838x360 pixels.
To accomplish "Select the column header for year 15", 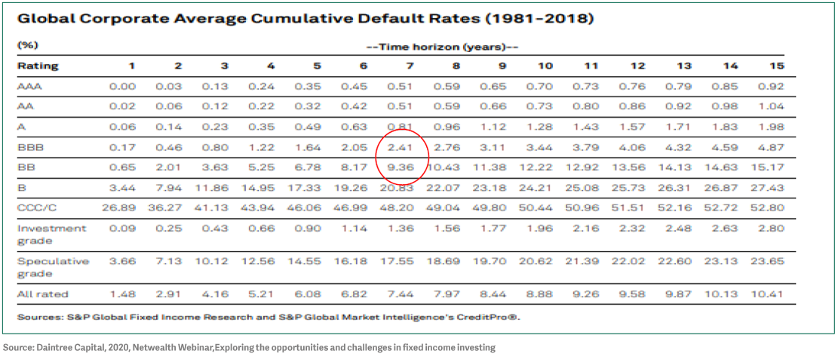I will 777,66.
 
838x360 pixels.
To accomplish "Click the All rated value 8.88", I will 545,294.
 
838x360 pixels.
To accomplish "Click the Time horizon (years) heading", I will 442,46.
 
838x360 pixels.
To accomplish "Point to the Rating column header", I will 38,66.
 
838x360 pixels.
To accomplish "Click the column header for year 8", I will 456,66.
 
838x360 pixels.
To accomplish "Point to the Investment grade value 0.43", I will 215,228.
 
